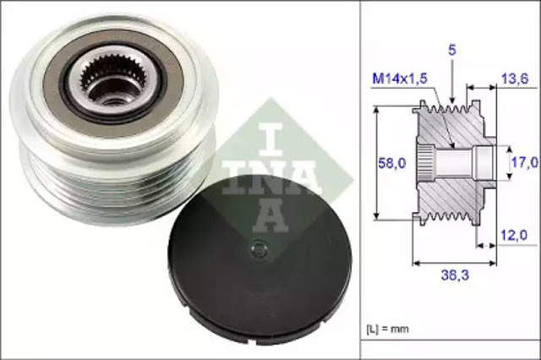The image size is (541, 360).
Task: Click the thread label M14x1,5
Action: point(398,79)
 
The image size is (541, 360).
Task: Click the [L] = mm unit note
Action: point(387,326)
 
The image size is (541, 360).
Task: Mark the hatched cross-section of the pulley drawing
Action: point(448,194)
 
